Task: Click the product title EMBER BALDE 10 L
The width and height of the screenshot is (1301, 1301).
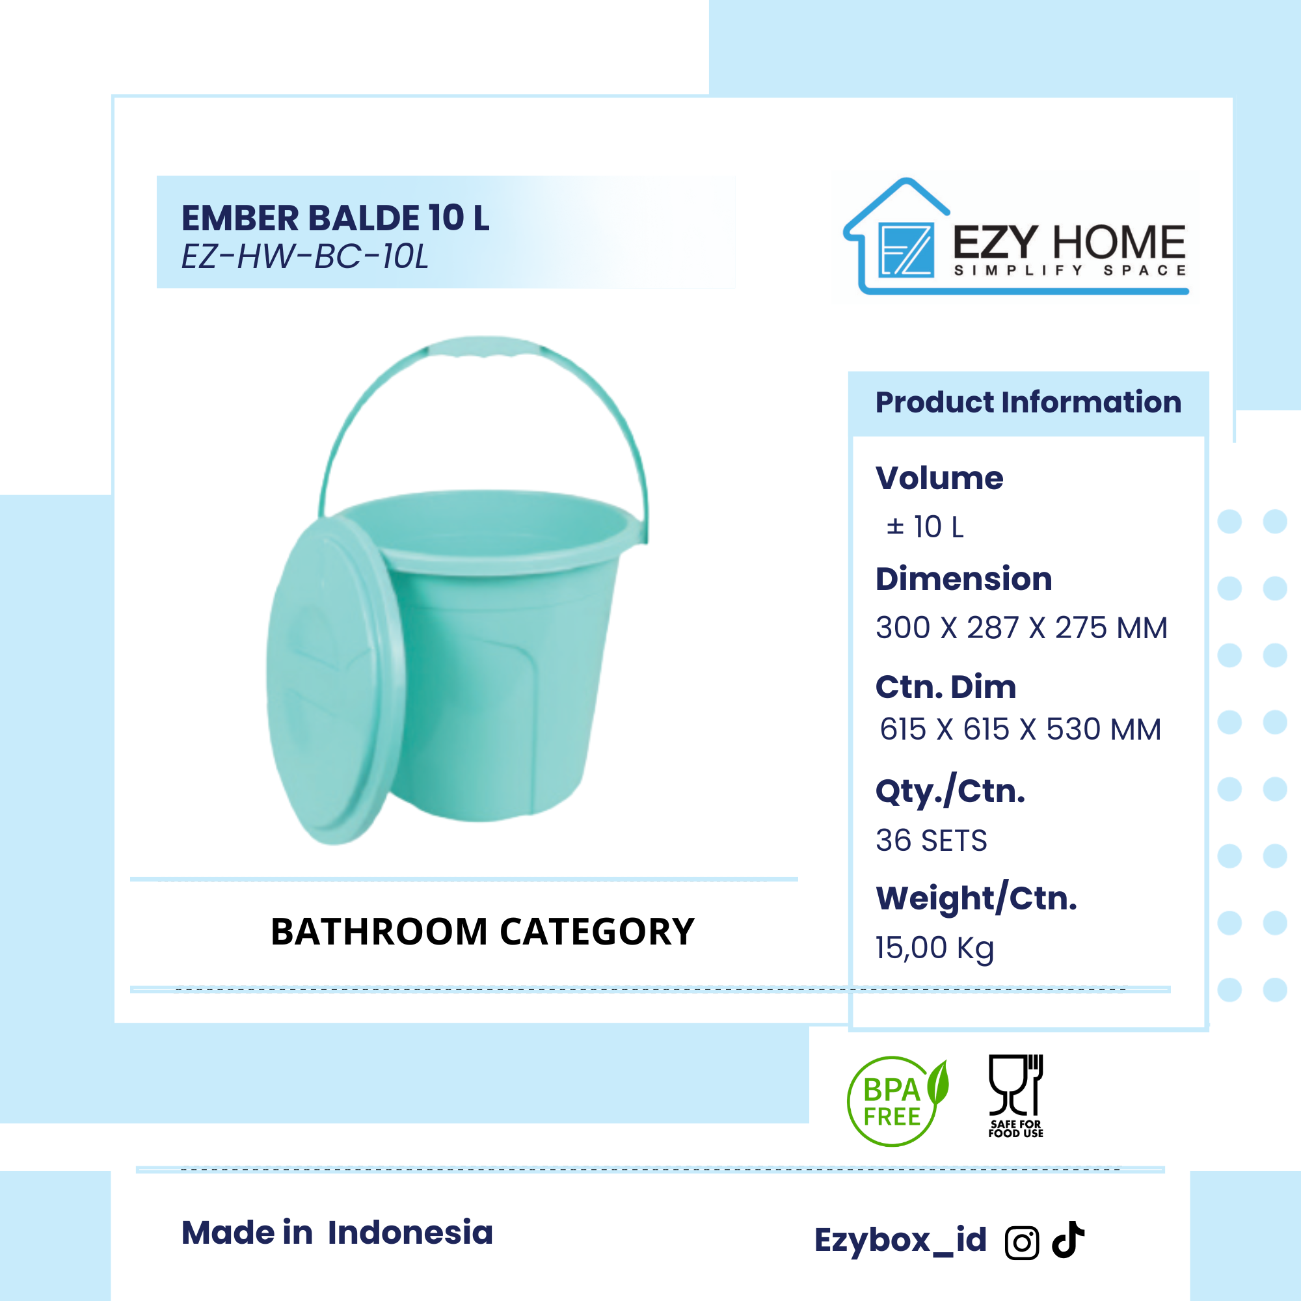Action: click(336, 217)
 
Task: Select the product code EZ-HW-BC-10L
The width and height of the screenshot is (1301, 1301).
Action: click(304, 256)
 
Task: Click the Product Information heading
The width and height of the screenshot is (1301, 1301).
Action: click(1028, 402)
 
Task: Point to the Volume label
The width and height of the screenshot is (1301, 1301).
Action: click(939, 478)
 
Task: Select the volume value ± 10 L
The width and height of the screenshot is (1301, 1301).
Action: click(924, 528)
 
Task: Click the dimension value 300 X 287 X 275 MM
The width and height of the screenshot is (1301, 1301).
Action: click(1021, 628)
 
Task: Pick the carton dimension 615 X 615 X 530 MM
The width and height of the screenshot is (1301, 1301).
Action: click(1020, 729)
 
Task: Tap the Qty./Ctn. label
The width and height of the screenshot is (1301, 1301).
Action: click(950, 792)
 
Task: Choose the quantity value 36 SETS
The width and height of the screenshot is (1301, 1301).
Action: click(932, 840)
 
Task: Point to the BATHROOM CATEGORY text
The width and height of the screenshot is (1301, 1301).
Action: click(482, 932)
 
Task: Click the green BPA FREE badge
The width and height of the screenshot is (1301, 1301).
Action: click(897, 1101)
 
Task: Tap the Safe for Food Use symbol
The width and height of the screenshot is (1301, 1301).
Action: click(1015, 1096)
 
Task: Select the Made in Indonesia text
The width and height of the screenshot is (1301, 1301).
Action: click(338, 1232)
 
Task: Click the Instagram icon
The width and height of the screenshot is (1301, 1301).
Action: click(1022, 1243)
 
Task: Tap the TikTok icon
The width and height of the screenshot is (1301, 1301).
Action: click(1068, 1239)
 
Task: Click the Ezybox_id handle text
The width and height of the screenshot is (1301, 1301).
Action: click(900, 1241)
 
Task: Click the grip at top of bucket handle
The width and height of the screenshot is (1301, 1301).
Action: click(483, 346)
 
